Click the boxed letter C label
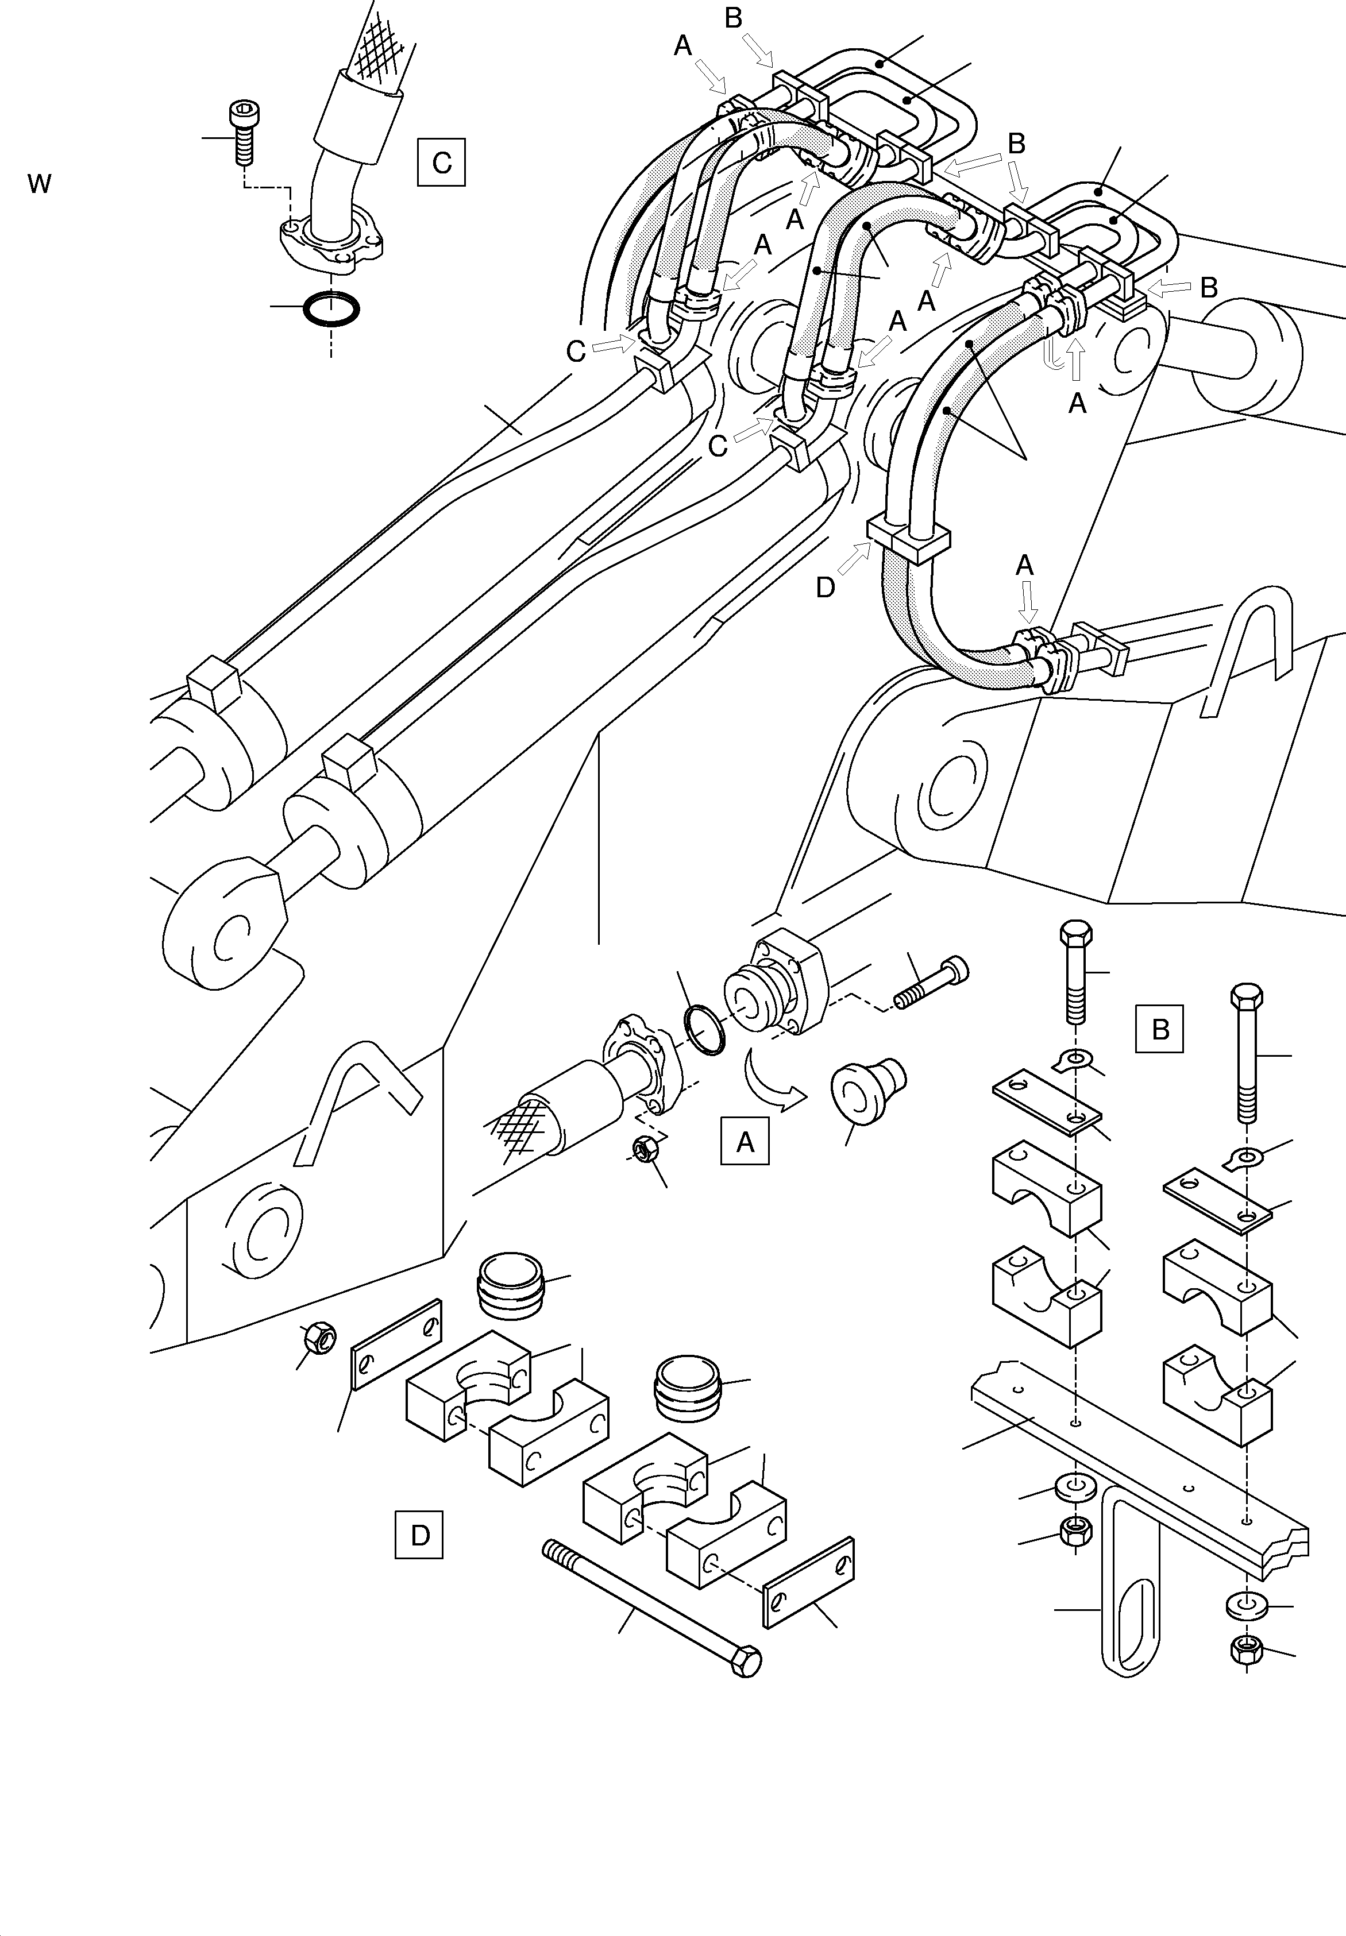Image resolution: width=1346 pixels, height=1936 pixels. coord(441,162)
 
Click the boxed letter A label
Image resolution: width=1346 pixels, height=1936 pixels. coord(744,1141)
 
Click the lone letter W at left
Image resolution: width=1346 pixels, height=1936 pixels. coord(39,184)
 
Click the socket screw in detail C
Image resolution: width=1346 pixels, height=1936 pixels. coord(244,131)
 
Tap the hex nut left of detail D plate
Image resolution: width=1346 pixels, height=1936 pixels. coord(318,1336)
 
